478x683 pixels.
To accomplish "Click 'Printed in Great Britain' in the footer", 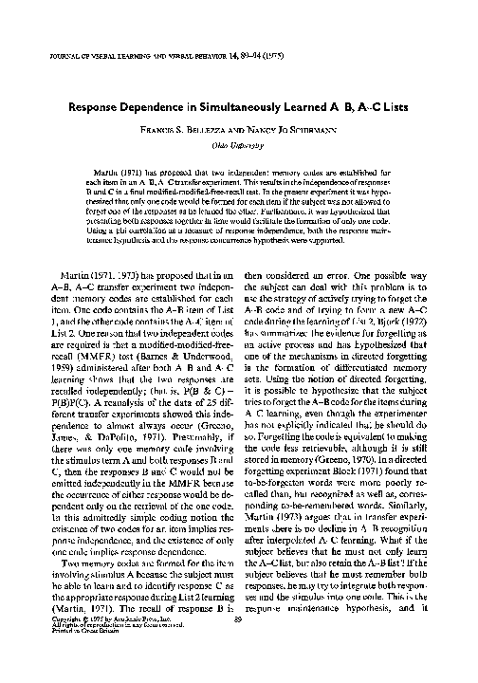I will click(x=71, y=656).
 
